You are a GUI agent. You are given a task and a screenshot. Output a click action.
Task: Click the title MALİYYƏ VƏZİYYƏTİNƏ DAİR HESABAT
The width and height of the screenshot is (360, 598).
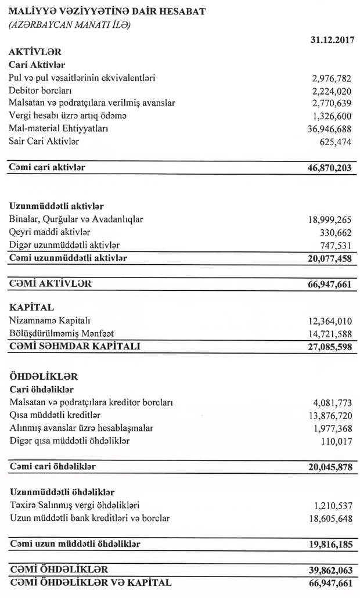tap(107, 12)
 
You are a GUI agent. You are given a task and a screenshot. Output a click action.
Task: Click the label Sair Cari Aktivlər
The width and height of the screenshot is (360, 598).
tap(44, 141)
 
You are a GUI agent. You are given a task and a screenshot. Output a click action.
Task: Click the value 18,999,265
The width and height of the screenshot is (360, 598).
tap(329, 220)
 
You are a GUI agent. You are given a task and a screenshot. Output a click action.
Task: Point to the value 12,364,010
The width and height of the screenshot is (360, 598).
tap(329, 321)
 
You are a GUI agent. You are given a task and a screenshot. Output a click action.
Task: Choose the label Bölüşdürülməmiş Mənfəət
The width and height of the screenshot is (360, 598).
tap(61, 333)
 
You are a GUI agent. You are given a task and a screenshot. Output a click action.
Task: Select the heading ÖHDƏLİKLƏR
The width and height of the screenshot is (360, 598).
tap(44, 377)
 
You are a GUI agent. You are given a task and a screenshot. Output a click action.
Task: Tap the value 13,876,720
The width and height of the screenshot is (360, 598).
tap(329, 416)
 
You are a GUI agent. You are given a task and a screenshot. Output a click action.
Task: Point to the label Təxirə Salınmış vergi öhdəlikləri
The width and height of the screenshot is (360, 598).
tap(74, 506)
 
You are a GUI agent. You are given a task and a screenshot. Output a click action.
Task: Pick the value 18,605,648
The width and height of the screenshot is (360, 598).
tap(329, 518)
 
